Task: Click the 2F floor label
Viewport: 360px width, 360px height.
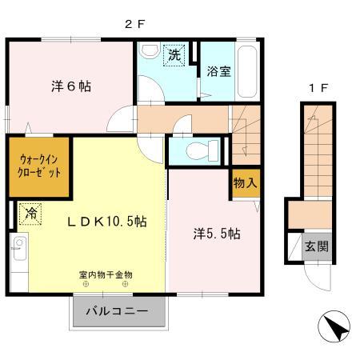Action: pos(134,24)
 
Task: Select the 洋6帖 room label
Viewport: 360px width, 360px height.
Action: pos(71,85)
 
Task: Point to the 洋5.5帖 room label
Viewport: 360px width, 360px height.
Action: pos(216,234)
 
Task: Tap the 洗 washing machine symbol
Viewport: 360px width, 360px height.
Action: pos(175,55)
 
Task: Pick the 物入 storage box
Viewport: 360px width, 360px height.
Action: pos(245,183)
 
